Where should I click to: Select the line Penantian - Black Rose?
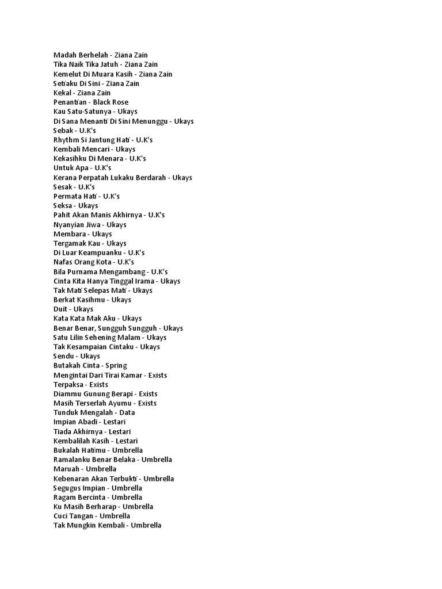click(x=90, y=102)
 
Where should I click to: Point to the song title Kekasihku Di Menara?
click(x=88, y=158)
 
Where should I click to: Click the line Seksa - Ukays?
click(x=75, y=205)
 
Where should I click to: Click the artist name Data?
click(x=127, y=412)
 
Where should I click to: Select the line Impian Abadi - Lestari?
click(x=89, y=422)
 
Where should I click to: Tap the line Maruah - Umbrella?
click(x=85, y=469)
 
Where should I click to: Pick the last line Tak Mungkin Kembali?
click(x=107, y=525)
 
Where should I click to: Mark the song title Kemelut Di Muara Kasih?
click(x=92, y=74)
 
